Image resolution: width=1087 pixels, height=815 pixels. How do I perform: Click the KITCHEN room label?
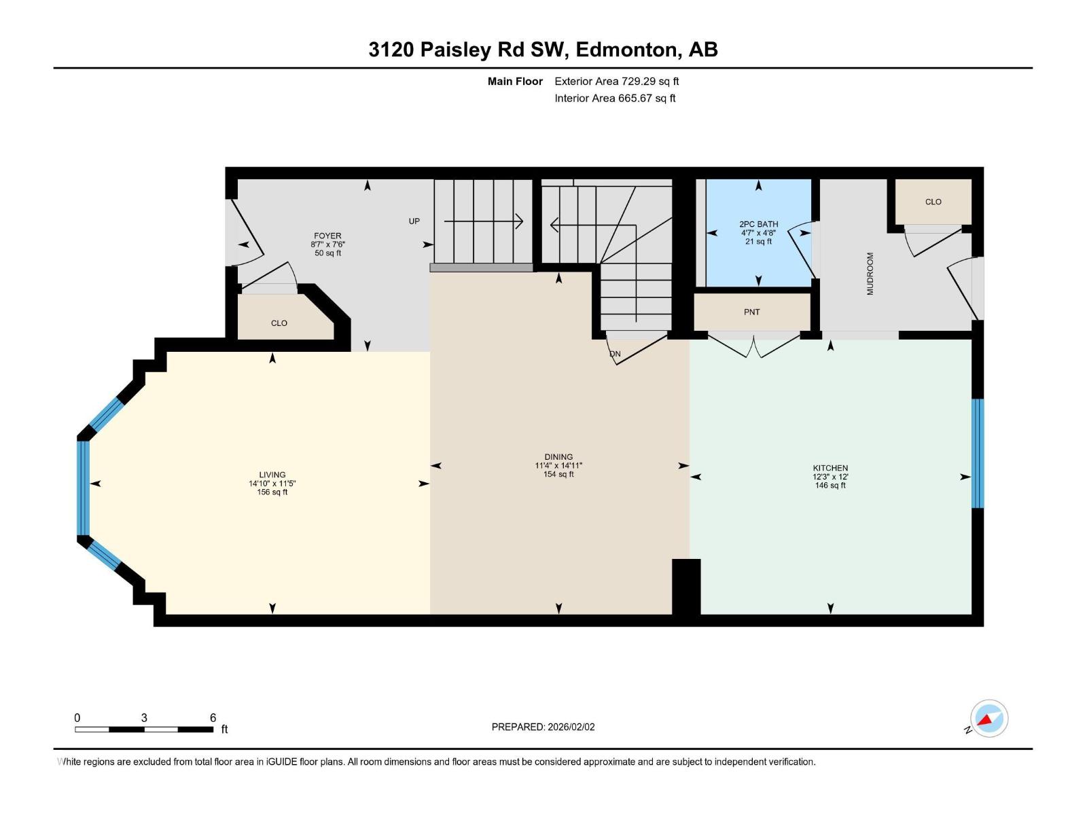click(x=830, y=468)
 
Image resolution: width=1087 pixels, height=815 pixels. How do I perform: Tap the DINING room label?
click(x=558, y=456)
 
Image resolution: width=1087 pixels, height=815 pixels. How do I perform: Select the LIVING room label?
click(x=272, y=475)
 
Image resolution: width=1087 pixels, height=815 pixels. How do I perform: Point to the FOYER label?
click(x=327, y=236)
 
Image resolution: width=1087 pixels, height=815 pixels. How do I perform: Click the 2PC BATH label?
click(x=759, y=224)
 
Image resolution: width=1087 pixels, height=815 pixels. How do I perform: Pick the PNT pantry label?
click(x=752, y=312)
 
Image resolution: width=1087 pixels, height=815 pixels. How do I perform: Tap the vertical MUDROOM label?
click(x=870, y=274)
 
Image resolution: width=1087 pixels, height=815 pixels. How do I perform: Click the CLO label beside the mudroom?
click(x=933, y=202)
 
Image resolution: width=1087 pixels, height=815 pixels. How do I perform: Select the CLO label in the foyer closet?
click(x=279, y=323)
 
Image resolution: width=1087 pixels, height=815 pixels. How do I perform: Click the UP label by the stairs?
click(x=414, y=221)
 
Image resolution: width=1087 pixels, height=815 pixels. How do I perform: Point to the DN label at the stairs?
click(x=615, y=354)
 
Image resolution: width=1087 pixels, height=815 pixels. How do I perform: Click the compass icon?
click(x=989, y=719)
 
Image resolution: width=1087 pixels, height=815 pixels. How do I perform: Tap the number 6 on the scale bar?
click(x=213, y=717)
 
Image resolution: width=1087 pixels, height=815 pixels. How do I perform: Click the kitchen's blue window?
click(x=977, y=453)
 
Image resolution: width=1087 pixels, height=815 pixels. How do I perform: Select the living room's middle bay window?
click(x=83, y=488)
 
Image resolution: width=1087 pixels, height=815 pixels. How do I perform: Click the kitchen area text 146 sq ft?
click(x=830, y=486)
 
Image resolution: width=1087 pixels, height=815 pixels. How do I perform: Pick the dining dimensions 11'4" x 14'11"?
click(x=558, y=466)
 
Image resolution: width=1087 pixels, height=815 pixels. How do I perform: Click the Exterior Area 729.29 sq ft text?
click(x=617, y=81)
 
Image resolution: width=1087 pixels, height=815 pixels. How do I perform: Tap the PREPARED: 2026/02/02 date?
click(x=543, y=727)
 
